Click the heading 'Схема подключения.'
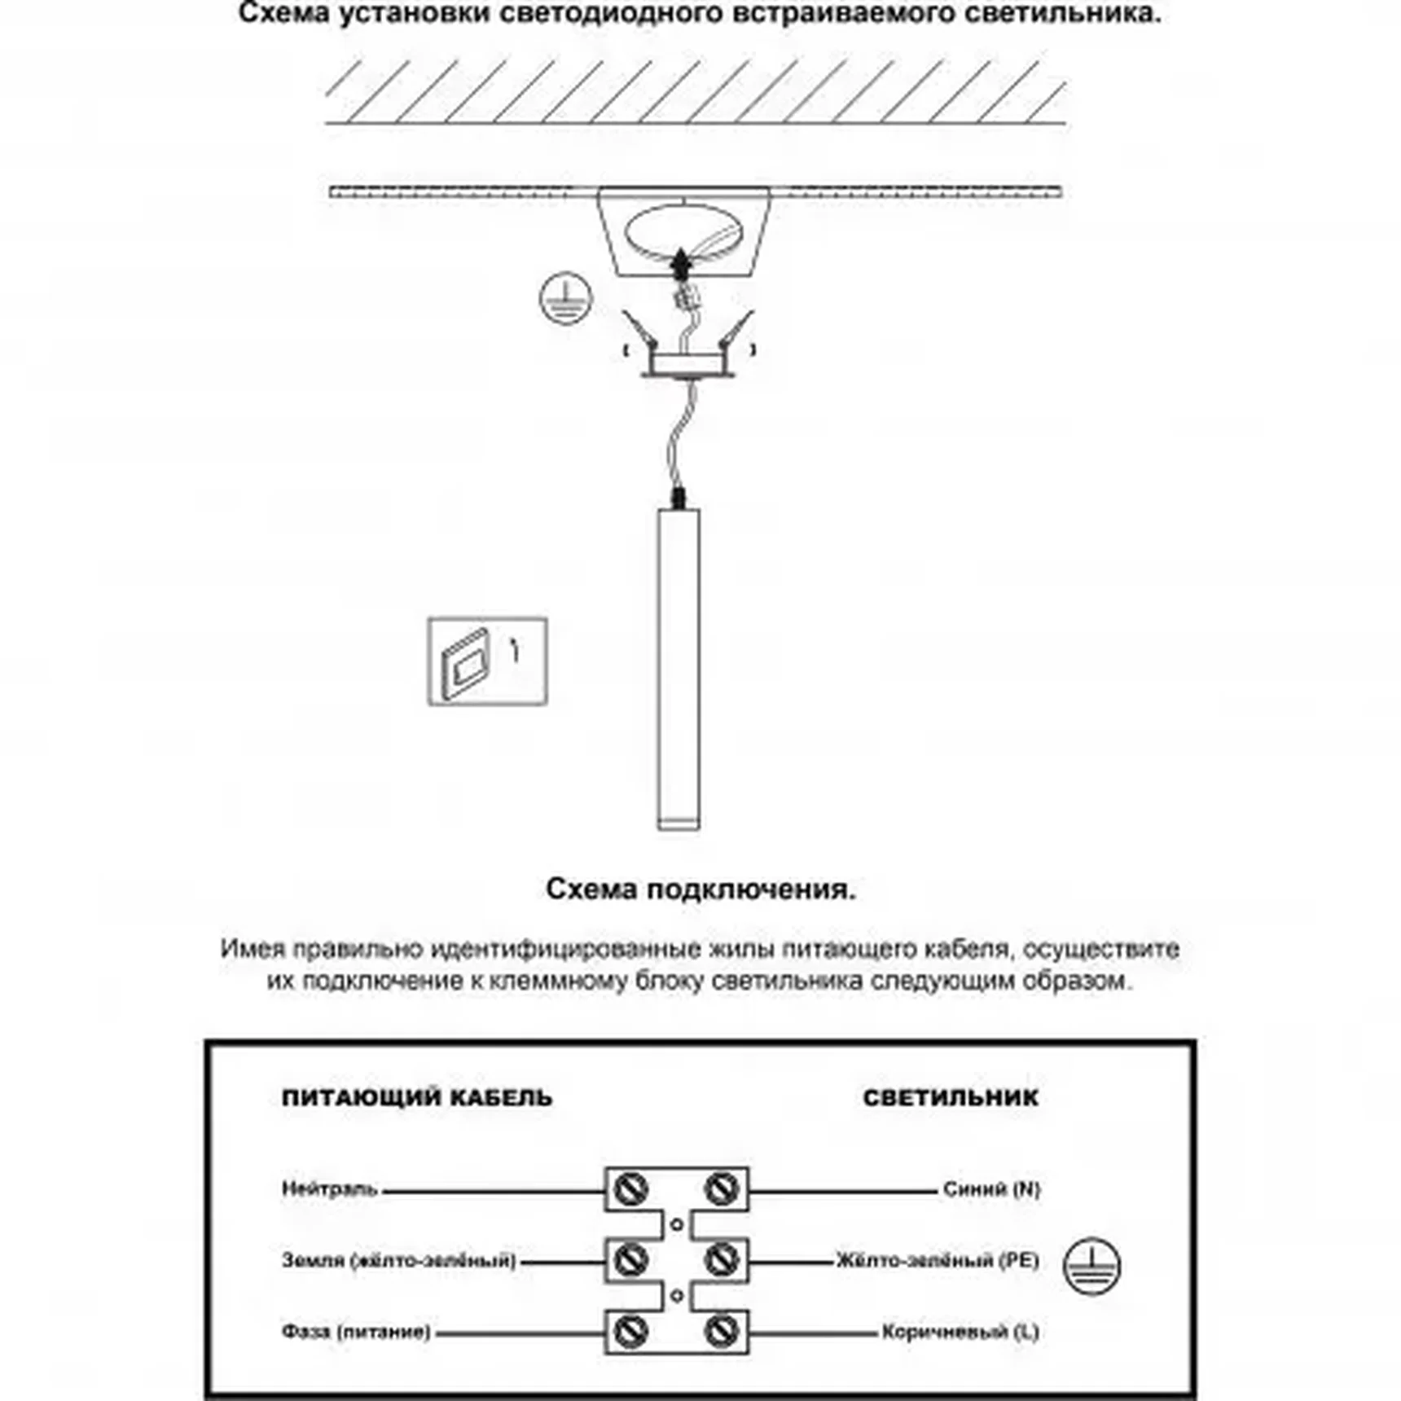click(x=700, y=889)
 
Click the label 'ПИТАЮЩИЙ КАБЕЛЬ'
click(x=417, y=1098)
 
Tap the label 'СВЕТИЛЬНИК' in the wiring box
click(x=951, y=1098)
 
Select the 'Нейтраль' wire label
click(x=330, y=1189)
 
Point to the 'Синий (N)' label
click(x=991, y=1189)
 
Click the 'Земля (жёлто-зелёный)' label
click(x=399, y=1260)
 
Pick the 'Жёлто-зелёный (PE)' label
click(x=938, y=1260)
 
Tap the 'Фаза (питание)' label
click(x=356, y=1332)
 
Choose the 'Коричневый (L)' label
click(x=960, y=1333)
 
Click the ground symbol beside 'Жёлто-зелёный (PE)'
click(x=1091, y=1266)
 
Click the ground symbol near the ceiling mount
click(x=565, y=298)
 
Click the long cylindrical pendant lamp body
click(x=679, y=668)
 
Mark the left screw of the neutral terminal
click(x=630, y=1189)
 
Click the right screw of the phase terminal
click(x=721, y=1332)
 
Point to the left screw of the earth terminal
click(x=630, y=1261)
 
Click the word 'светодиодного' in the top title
click(x=593, y=13)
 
